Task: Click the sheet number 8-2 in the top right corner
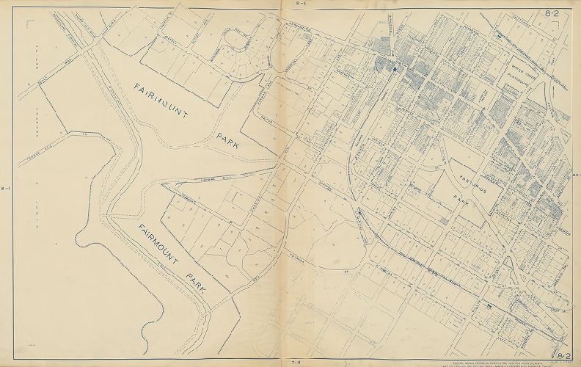pyautogui.click(x=551, y=13)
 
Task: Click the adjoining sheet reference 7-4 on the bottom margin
pyautogui.click(x=295, y=362)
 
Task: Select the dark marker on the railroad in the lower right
pyautogui.click(x=486, y=303)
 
